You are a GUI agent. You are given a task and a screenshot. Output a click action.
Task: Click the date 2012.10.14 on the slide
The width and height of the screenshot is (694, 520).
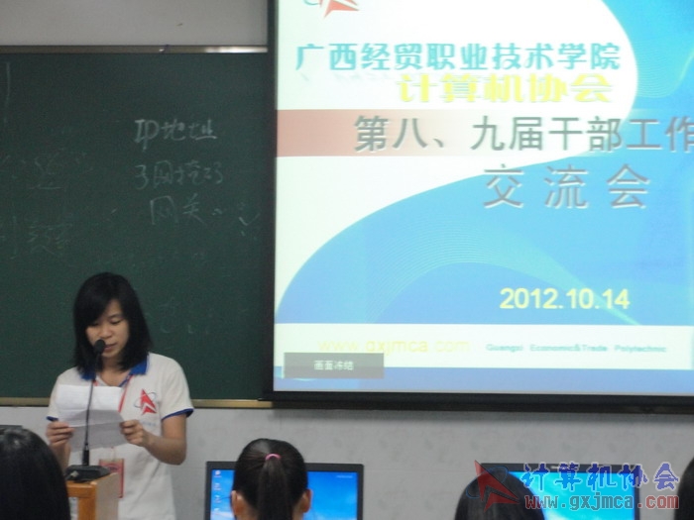coord(564,297)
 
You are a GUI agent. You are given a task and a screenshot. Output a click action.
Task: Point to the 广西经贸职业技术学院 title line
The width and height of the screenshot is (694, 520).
coord(458,55)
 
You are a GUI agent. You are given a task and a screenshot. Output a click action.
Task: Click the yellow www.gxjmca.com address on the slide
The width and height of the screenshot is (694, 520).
coord(395,346)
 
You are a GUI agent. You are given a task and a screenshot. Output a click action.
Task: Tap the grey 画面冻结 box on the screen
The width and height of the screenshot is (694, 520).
coord(333,364)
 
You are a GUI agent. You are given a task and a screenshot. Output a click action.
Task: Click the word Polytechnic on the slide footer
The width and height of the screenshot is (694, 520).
coord(639,349)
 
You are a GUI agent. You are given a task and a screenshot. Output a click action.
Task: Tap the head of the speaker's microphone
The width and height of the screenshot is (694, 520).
coord(99,346)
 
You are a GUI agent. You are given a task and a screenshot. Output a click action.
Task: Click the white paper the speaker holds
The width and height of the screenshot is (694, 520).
coord(89,413)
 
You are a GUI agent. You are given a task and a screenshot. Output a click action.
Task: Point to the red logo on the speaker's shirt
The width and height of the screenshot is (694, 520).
coord(147,402)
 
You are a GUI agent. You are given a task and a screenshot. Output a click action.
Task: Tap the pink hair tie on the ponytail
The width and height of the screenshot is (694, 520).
coord(271,457)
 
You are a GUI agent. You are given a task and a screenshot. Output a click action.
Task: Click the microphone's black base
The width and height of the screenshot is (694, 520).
coord(86,472)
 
